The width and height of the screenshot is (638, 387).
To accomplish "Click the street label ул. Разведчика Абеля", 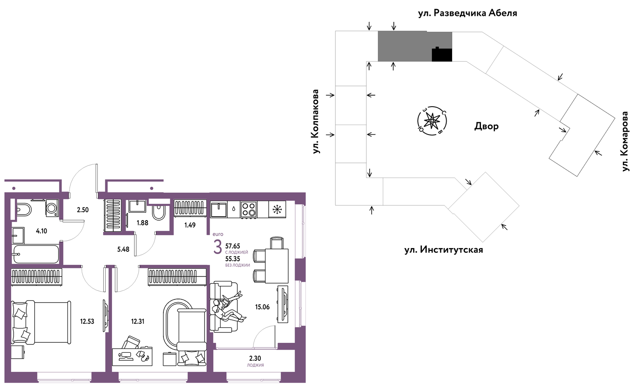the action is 467,13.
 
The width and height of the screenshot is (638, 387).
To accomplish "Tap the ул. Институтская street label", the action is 443,250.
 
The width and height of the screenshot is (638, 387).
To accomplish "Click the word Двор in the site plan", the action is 486,126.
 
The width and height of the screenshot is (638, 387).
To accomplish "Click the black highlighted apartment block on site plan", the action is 442,55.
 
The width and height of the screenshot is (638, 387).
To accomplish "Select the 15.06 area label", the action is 262,307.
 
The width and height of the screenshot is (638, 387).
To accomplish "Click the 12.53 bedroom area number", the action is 87,322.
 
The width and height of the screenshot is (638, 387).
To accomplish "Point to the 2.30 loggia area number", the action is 255,359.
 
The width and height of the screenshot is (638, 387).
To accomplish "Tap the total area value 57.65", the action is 233,246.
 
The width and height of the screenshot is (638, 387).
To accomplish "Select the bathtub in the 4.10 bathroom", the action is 35,254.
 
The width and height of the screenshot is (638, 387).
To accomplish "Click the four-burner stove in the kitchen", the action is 249,209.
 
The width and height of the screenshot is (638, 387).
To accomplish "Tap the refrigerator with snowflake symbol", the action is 277,209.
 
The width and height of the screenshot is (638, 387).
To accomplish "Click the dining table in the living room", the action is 277,266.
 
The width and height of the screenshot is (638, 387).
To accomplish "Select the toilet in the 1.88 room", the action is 158,212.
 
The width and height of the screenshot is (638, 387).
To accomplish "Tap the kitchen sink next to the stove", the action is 219,210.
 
